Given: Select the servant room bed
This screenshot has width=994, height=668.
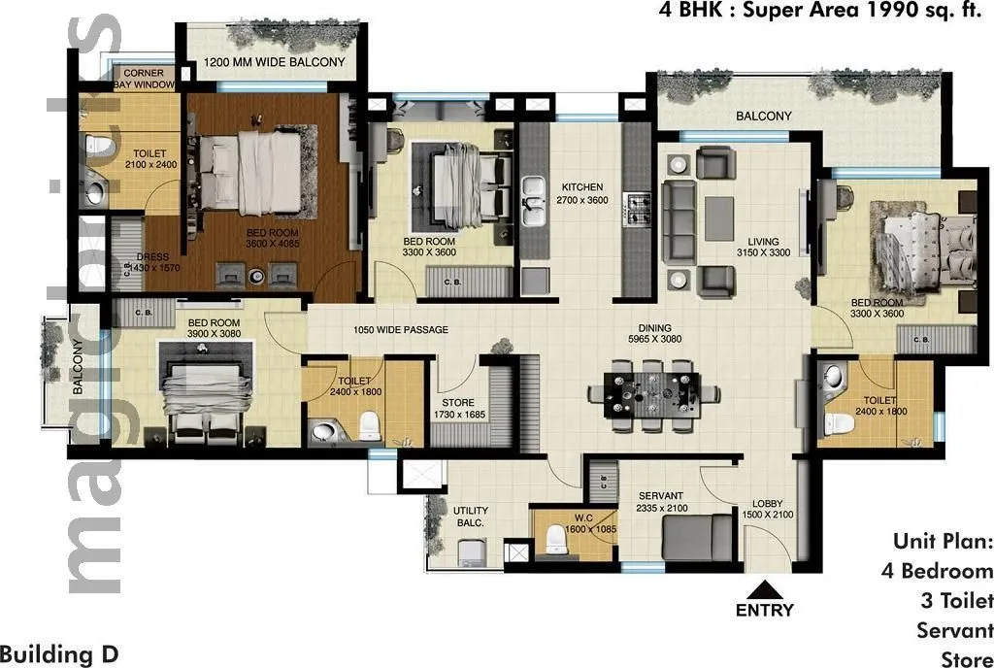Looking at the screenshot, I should click(698, 537).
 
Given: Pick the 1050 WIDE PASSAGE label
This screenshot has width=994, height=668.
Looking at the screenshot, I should click(401, 330).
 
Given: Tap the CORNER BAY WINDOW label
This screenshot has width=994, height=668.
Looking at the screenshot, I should click(144, 79).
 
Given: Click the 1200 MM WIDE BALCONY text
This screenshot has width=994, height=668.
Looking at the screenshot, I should click(274, 64).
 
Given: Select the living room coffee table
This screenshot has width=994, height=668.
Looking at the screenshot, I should click(719, 217).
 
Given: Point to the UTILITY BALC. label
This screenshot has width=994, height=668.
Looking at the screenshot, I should click(471, 517).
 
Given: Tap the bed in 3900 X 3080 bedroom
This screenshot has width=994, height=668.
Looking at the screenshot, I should click(205, 399).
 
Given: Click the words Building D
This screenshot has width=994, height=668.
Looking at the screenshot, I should click(60, 653).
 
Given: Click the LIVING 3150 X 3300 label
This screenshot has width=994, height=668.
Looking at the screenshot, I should click(763, 248).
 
